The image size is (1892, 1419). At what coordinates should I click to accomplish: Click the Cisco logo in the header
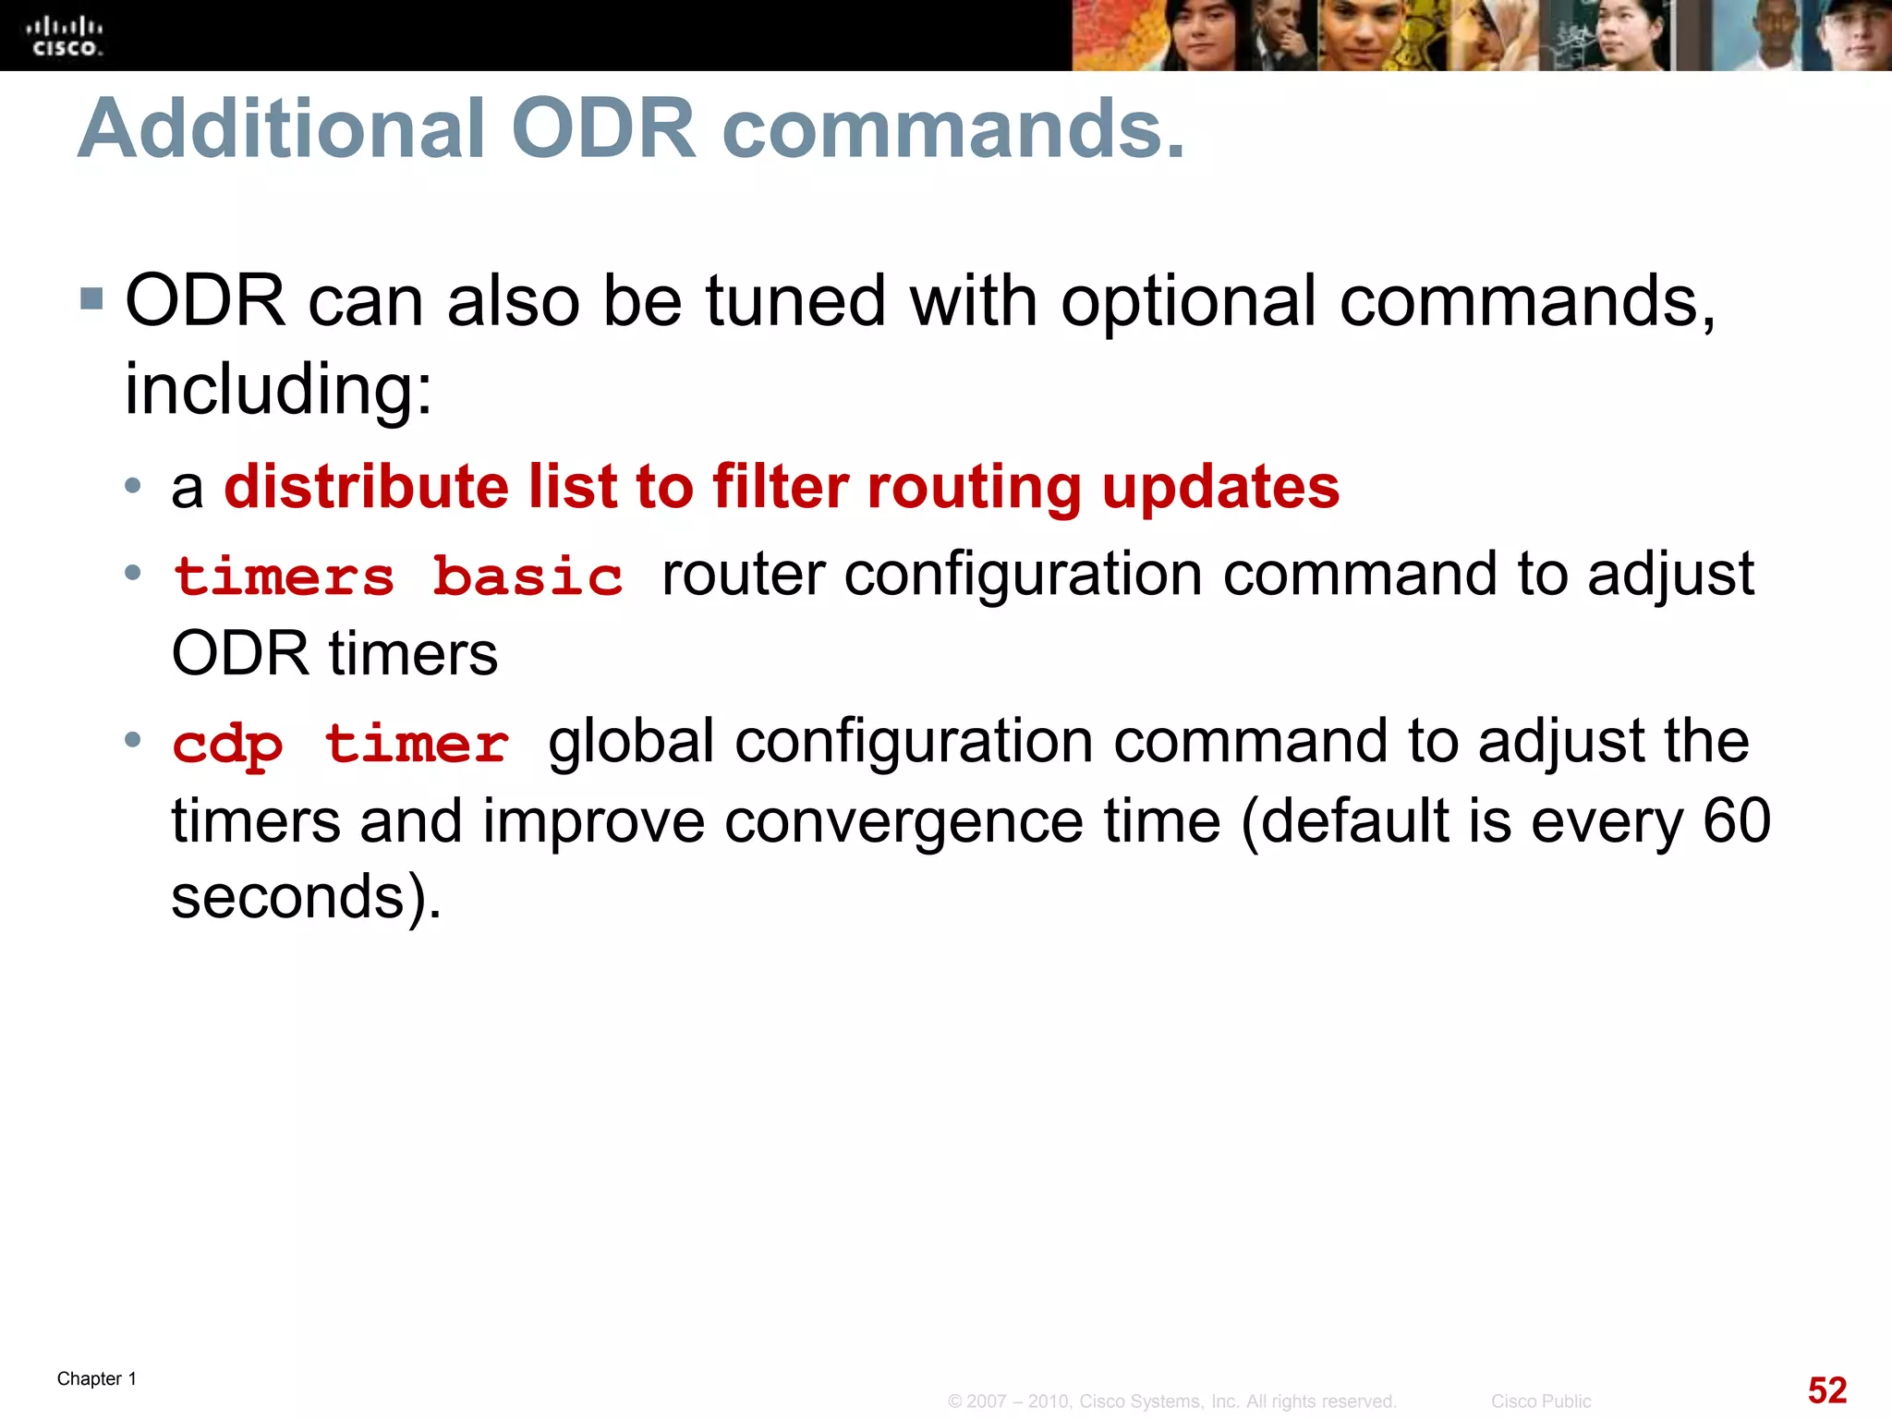tap(64, 36)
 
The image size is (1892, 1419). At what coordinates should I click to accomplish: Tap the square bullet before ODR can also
tap(91, 298)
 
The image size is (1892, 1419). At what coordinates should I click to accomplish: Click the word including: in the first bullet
tap(278, 389)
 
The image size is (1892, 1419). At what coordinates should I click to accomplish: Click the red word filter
tap(781, 487)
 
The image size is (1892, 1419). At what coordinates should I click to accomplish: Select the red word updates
tap(1220, 487)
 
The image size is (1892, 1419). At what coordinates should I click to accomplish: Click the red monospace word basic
tap(528, 577)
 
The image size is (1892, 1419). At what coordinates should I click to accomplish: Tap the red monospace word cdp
tap(227, 745)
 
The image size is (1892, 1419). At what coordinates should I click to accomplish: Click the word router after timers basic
tap(743, 575)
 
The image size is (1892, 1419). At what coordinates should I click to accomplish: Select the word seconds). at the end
tap(306, 897)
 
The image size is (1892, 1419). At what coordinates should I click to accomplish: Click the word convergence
tap(903, 821)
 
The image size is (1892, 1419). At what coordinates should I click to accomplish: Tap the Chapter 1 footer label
tap(97, 1378)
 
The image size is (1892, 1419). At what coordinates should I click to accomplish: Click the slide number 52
tap(1826, 1390)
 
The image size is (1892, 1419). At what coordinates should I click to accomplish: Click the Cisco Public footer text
tap(1540, 1401)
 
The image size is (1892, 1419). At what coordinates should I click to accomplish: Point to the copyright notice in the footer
tap(1171, 1401)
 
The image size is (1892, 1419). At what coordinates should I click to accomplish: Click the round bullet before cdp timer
tap(133, 739)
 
